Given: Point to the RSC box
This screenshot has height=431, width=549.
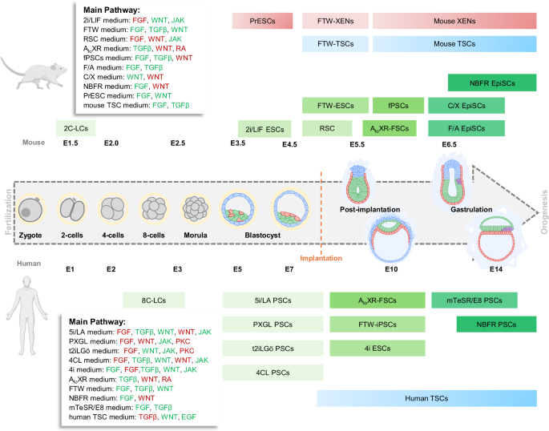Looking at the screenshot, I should click(326, 127).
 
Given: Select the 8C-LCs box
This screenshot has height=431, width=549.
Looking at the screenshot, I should click(154, 299).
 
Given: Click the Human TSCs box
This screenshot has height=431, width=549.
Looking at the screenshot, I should click(425, 398).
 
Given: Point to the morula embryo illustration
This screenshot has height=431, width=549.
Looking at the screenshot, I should click(196, 209).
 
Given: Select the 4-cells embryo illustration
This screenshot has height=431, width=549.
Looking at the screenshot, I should click(111, 209).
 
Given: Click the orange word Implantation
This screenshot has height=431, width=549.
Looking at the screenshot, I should click(321, 258).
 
